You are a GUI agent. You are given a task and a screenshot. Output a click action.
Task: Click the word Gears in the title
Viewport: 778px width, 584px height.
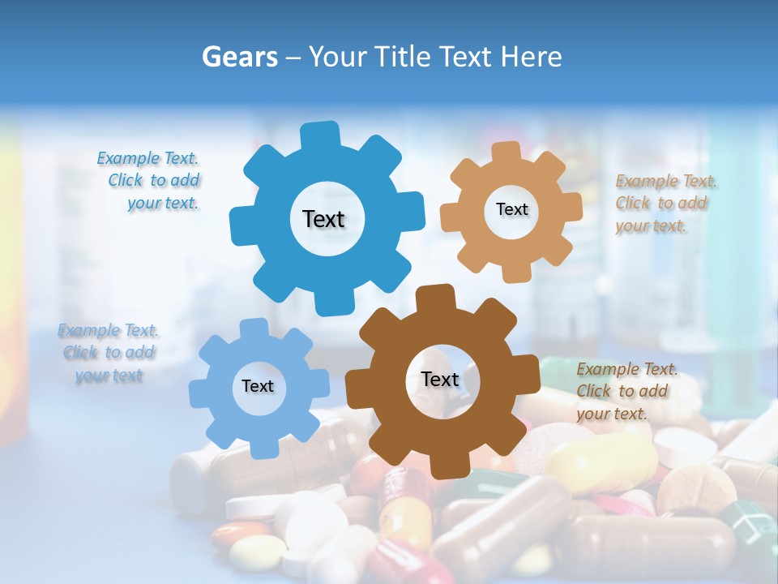click(x=239, y=57)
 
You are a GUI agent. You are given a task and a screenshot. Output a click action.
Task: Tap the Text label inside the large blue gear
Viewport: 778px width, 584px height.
click(x=323, y=219)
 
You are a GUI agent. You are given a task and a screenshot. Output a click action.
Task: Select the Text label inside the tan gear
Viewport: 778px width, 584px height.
click(x=511, y=209)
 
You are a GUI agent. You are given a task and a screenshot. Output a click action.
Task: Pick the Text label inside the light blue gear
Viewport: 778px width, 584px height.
click(x=258, y=386)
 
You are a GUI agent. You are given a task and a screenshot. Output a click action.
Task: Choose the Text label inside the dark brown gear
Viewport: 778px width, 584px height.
click(x=440, y=379)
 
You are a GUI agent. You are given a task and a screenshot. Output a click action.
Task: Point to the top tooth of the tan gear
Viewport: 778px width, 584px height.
click(x=506, y=152)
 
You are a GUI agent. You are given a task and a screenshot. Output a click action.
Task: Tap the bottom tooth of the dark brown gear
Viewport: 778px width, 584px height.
click(x=448, y=466)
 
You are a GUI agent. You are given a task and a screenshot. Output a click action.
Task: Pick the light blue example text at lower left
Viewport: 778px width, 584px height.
click(x=109, y=353)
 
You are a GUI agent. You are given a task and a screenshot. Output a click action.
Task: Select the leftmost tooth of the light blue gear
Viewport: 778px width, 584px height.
click(x=199, y=394)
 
